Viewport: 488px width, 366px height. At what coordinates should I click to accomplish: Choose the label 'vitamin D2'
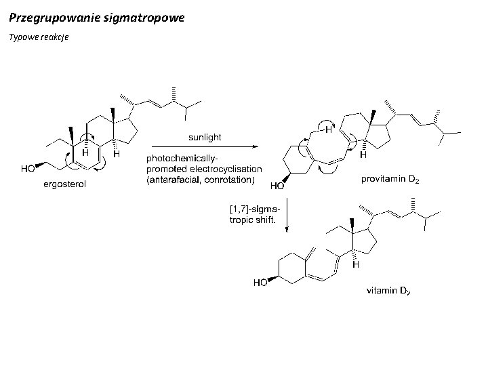click(x=388, y=292)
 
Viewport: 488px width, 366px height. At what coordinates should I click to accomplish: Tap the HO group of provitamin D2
click(x=278, y=184)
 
